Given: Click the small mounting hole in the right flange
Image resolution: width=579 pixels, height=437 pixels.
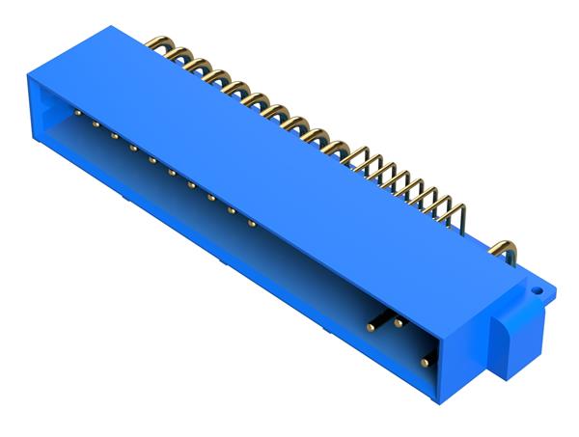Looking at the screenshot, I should [538, 287].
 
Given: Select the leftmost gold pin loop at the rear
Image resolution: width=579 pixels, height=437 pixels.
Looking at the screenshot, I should [158, 45].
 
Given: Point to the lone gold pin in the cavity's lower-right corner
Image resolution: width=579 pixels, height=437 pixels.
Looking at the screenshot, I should [425, 362].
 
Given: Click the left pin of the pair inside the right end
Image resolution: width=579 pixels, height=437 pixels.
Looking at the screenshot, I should [370, 328].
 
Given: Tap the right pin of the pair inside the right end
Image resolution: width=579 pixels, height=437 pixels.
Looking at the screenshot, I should [398, 322].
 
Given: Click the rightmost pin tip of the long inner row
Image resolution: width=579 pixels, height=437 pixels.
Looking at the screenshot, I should [252, 224].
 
